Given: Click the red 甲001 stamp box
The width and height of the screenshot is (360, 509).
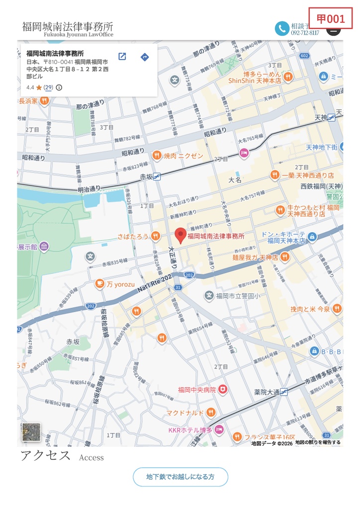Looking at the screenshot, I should [331, 19].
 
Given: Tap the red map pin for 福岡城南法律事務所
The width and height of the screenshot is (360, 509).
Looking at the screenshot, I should [180, 235].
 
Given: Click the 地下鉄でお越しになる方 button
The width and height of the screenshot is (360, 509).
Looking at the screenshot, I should [180, 477].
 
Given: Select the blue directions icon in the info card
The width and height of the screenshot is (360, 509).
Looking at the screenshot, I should [145, 57].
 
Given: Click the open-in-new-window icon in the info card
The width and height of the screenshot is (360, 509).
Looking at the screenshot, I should [122, 57].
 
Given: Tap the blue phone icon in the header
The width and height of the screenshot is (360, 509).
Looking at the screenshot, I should [282, 28].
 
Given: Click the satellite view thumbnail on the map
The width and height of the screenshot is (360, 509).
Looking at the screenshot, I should [30, 432].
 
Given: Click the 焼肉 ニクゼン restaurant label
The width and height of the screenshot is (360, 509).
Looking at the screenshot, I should [183, 156].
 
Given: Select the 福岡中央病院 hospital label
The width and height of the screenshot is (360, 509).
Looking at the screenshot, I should [197, 390].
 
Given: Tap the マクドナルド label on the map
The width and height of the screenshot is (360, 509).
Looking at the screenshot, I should [185, 413].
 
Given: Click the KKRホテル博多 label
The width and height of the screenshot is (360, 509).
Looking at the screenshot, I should [190, 429].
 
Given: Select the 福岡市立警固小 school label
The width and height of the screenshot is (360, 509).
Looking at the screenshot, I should [236, 296].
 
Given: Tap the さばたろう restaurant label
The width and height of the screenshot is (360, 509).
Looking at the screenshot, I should [133, 237].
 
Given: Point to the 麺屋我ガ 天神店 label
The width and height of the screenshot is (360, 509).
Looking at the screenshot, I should [255, 257].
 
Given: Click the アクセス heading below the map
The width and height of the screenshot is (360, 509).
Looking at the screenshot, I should [45, 455].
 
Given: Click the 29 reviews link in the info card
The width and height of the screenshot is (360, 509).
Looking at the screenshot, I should [48, 87].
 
